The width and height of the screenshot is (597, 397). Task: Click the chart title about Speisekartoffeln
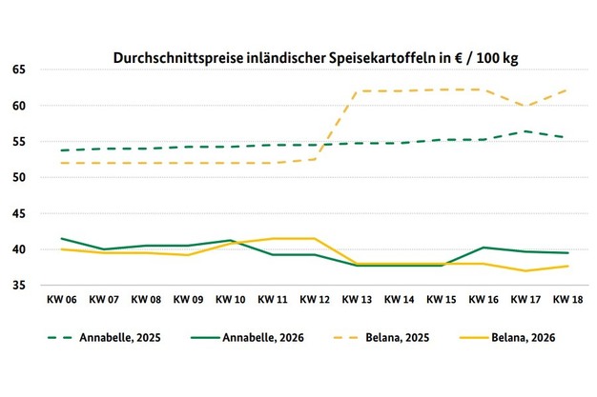coord(316,58)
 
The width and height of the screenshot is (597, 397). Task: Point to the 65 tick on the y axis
coord(19,69)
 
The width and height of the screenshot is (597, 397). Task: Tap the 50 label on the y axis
coord(19,178)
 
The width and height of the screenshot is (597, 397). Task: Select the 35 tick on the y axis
coord(19,286)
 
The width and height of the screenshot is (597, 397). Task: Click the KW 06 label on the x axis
coord(62,300)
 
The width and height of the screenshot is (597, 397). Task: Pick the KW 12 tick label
coord(315,300)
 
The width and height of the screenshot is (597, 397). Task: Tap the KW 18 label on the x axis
coord(567,300)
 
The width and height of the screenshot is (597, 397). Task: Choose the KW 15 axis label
coord(442,300)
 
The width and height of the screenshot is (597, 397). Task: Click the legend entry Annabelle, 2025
coord(104,338)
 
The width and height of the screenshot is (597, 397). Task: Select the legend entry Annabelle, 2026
coord(248,338)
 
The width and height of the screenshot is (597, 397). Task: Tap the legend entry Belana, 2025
coord(381,338)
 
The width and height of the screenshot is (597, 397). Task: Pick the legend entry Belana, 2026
coord(507,338)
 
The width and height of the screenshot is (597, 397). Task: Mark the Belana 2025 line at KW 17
coord(525,106)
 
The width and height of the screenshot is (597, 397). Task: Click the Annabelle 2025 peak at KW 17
coord(525,131)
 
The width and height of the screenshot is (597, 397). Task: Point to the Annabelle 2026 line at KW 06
coord(62,238)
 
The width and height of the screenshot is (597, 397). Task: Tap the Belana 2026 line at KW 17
coord(525,270)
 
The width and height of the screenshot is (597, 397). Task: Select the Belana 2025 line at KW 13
coord(357,91)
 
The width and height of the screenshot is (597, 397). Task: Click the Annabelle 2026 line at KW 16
coord(484,248)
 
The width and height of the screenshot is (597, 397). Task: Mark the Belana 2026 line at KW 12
coord(315,238)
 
